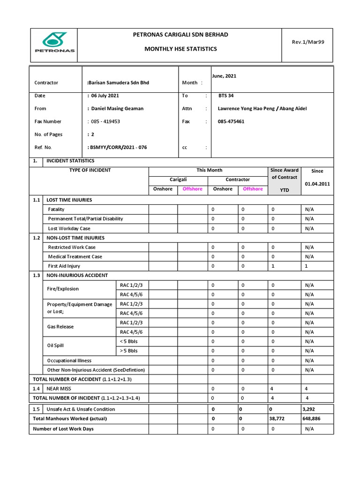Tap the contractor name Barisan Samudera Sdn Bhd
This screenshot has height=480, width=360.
(118, 82)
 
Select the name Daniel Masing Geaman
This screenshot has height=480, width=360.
(116, 108)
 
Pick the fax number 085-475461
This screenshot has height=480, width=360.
(231, 121)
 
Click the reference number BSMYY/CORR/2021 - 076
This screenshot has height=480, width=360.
(117, 147)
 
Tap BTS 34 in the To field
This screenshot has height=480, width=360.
(226, 96)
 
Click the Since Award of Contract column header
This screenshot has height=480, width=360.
(284, 173)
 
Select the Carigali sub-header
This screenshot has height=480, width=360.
(178, 180)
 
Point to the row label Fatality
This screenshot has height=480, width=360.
(56, 209)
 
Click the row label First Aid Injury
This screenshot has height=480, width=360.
(64, 266)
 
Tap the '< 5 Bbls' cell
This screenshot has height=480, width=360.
(129, 341)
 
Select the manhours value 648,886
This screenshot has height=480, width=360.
(312, 419)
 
